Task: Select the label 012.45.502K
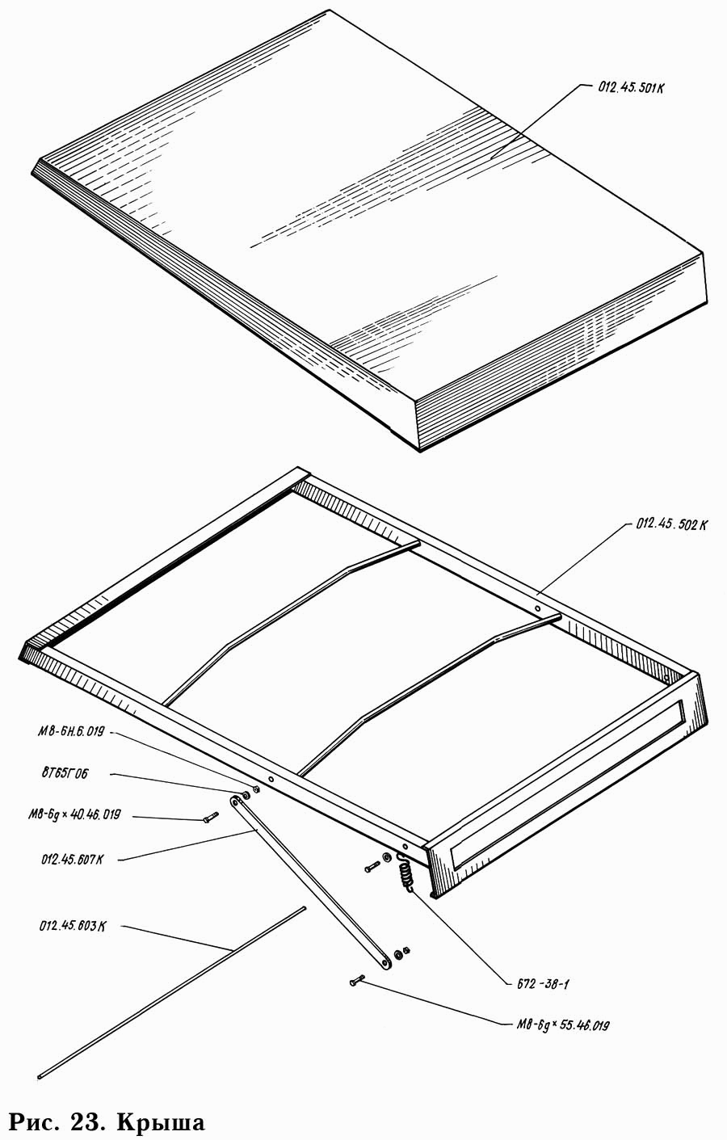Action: (x=671, y=524)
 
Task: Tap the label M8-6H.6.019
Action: (x=71, y=732)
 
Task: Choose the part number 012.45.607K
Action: (x=71, y=860)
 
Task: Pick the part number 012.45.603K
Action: (x=71, y=926)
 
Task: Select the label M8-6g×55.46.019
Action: (x=563, y=1025)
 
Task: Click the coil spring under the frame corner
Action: (x=406, y=873)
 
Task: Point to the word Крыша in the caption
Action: (x=161, y=1122)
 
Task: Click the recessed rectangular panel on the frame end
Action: (x=565, y=783)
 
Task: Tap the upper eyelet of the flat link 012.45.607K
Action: (x=236, y=801)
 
